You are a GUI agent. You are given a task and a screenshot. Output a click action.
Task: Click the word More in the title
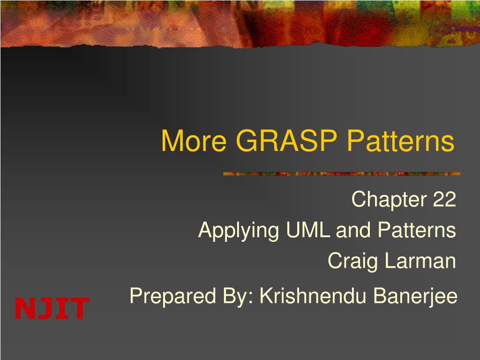tap(194, 141)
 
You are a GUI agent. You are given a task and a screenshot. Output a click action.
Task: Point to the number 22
tap(444, 200)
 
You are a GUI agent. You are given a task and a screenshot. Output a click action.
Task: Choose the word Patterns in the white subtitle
tap(417, 230)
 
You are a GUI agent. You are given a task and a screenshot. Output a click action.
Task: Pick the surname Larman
tap(420, 261)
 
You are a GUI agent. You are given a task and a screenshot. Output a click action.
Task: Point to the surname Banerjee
tap(418, 296)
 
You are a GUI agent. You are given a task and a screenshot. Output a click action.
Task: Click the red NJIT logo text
tap(52, 308)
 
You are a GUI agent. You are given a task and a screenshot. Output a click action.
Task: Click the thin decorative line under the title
tap(342, 174)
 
